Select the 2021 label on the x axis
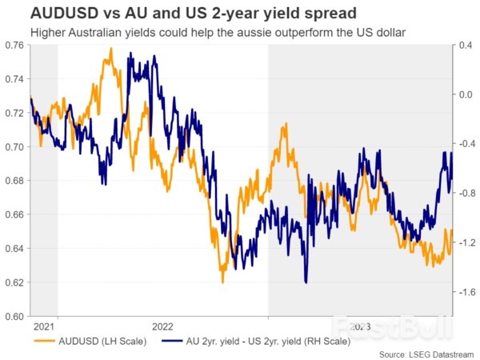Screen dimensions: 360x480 tap(45, 326)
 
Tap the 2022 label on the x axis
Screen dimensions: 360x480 tap(162, 326)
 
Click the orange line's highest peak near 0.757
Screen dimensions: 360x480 tap(110, 49)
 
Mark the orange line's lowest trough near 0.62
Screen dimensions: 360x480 tap(222, 282)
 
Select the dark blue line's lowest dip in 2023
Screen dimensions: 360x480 tap(306, 282)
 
